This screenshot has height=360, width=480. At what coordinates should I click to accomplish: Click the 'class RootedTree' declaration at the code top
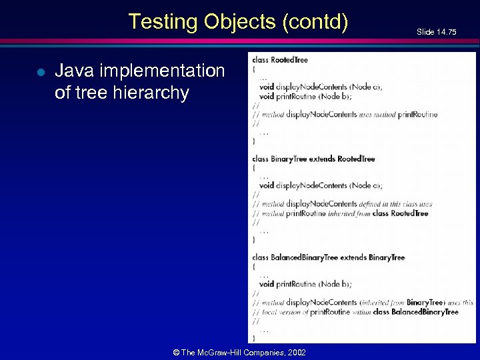(280, 59)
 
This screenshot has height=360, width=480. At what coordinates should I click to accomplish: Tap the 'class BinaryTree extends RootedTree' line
(313, 159)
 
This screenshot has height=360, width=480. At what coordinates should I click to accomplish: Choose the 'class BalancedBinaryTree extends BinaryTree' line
(328, 257)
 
